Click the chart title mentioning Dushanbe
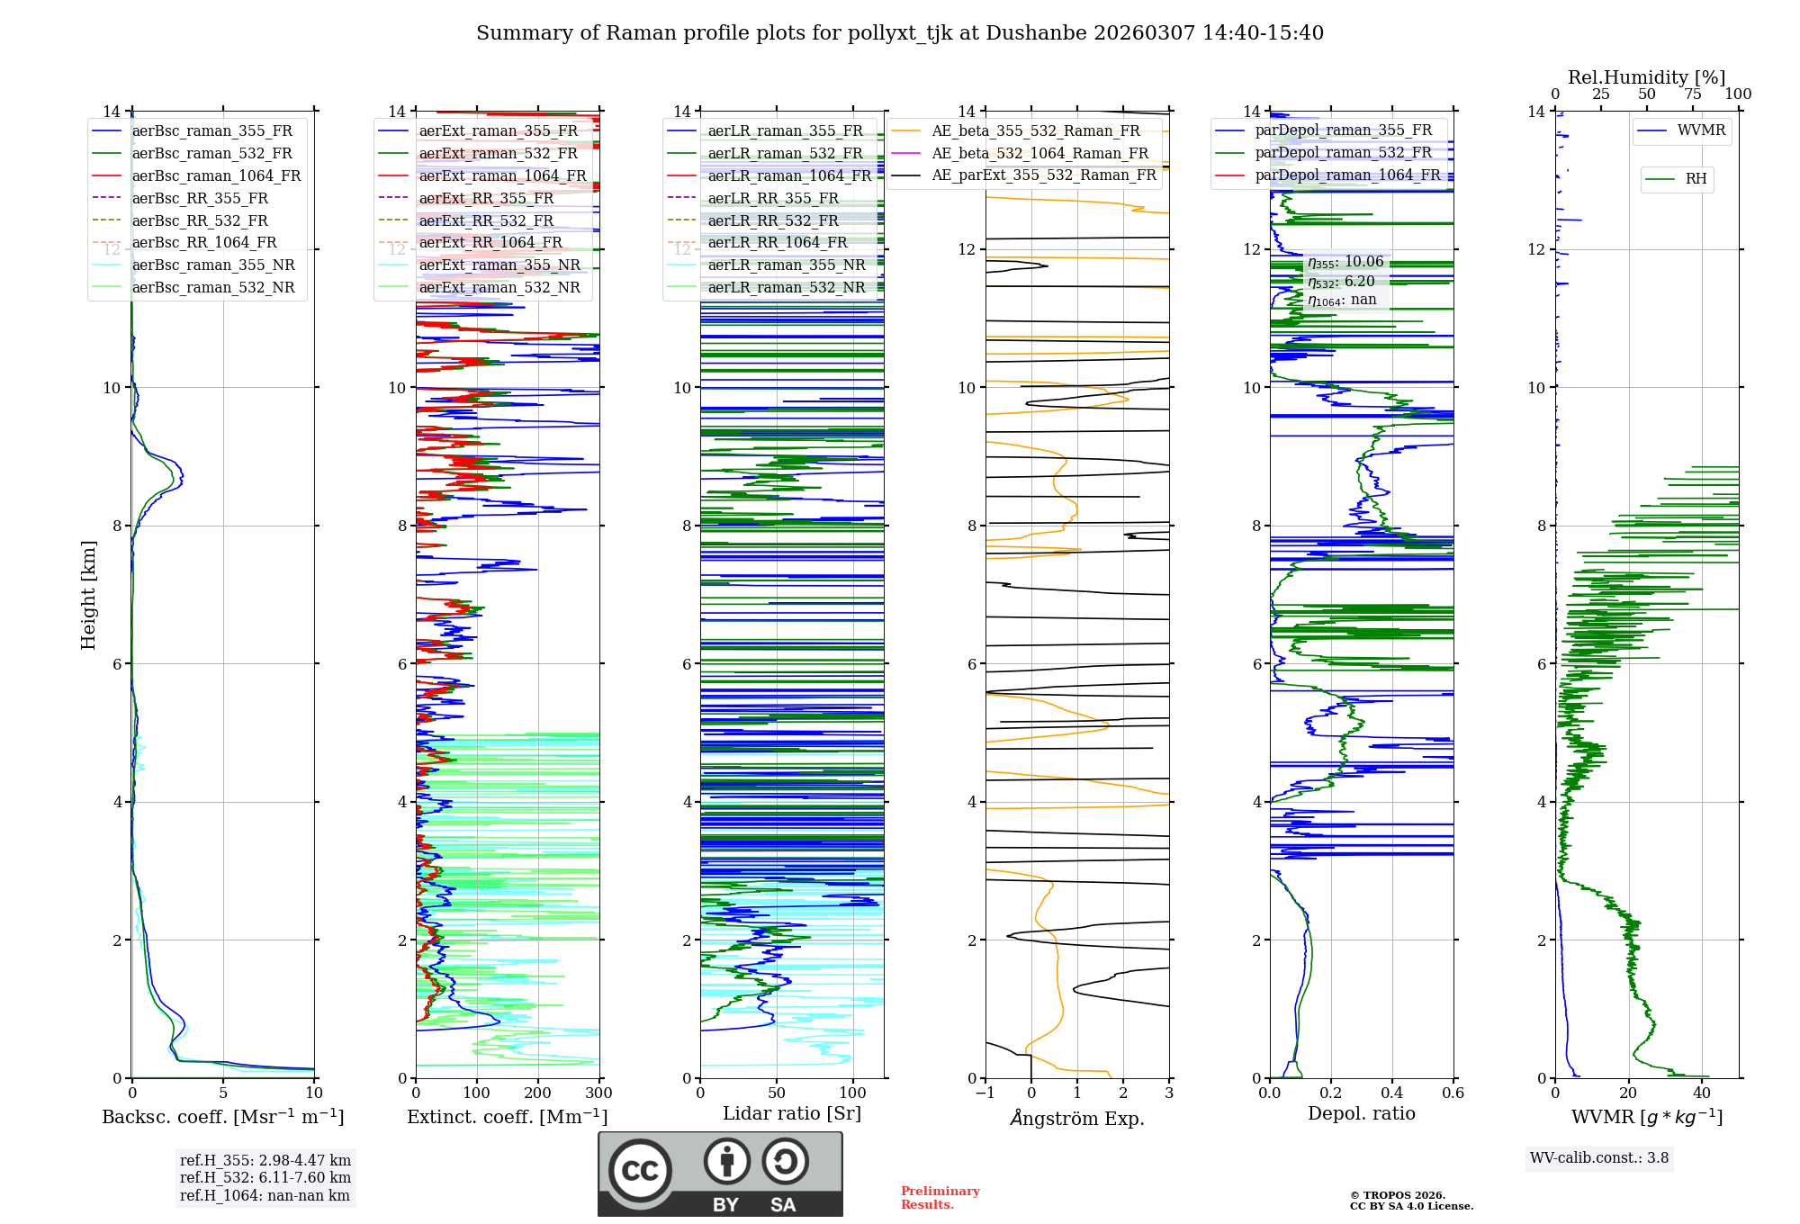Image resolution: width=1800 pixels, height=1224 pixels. point(900,33)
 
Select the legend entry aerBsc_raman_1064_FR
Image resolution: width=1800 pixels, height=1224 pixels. point(216,176)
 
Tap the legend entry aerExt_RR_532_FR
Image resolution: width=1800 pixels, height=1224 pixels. point(486,221)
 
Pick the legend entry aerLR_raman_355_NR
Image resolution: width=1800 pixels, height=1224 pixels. point(786,265)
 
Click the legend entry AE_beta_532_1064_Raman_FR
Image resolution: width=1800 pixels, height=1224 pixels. point(1039,154)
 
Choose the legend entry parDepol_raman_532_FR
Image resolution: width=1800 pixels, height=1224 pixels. point(1343,153)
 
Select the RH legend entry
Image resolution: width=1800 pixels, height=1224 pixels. point(1696,180)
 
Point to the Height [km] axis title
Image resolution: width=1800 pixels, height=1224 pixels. point(88,595)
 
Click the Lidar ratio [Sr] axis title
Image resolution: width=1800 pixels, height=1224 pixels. point(792,1114)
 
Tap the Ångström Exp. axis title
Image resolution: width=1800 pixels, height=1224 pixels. point(1077,1119)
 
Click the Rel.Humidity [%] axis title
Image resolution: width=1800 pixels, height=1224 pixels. point(1646,77)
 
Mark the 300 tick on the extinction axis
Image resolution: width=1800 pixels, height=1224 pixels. point(598,1093)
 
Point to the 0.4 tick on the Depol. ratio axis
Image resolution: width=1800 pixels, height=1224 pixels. point(1392,1093)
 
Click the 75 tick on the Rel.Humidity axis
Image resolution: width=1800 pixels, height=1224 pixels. point(1693,94)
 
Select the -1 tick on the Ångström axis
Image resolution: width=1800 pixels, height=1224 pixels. point(985,1093)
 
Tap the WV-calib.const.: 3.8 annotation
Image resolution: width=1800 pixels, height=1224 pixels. point(1599,1158)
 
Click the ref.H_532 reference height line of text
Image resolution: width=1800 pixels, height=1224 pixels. point(265,1178)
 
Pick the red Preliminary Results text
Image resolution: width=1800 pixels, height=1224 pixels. point(940,1198)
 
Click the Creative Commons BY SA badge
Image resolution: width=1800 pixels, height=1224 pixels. point(720,1174)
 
